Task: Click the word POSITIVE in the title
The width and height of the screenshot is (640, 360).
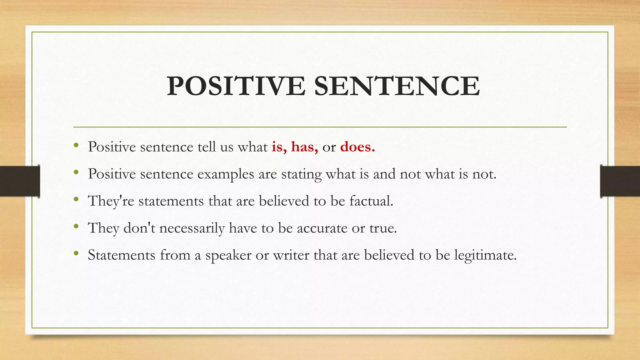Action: click(236, 86)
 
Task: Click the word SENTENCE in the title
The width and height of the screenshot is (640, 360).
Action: click(397, 86)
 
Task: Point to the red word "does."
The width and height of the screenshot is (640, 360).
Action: click(357, 147)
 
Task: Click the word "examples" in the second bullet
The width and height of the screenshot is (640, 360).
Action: click(226, 174)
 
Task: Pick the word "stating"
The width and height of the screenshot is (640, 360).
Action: click(301, 174)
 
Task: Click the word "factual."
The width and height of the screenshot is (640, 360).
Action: click(371, 201)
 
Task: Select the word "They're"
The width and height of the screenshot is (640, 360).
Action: click(111, 201)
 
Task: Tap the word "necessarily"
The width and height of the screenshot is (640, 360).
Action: click(192, 228)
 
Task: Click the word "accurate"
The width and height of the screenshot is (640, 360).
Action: click(322, 228)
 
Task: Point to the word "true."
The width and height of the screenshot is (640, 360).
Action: click(383, 228)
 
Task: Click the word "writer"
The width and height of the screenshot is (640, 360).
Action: click(291, 255)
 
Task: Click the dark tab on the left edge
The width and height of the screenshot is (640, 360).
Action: click(20, 181)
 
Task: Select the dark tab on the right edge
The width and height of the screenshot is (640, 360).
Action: click(620, 181)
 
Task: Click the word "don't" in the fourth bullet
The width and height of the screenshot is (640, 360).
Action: click(139, 228)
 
